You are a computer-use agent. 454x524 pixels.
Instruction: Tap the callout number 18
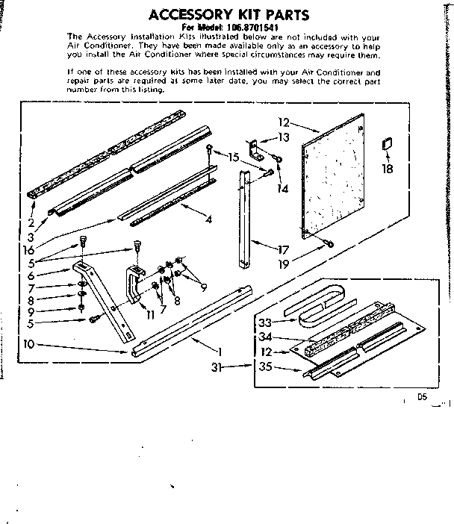click(388, 169)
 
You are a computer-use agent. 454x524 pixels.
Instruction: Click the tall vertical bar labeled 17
click(244, 216)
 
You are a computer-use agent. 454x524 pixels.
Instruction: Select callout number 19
click(282, 264)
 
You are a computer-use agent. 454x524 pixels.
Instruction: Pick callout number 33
click(264, 323)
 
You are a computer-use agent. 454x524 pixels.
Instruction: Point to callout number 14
click(282, 189)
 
